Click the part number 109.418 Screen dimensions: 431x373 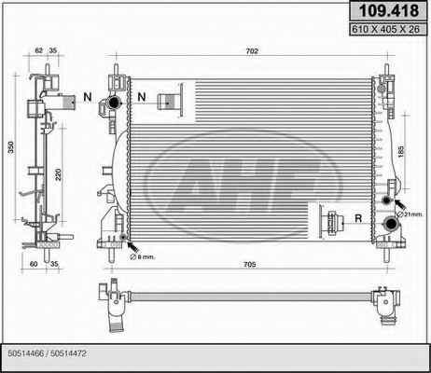point(389,10)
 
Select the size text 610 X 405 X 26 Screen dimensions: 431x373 point(385,29)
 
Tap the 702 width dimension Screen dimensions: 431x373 point(252,51)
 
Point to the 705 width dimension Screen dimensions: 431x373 point(250,265)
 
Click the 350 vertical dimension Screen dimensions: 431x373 point(11,147)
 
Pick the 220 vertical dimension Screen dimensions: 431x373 point(58,174)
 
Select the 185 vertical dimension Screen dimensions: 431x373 point(400,151)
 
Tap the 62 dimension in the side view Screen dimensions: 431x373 point(38,50)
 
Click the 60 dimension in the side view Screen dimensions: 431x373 point(34,264)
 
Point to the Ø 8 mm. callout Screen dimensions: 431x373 point(142,256)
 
